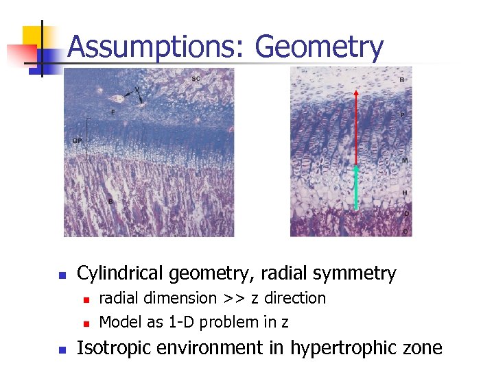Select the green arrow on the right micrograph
(x=356, y=186)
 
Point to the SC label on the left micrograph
(x=196, y=78)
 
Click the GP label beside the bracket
(x=78, y=140)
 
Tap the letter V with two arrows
(x=138, y=89)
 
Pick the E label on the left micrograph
(x=113, y=112)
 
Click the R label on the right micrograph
(x=401, y=80)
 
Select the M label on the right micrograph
(x=405, y=160)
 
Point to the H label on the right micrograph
(x=405, y=193)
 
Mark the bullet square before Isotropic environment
(x=60, y=349)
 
